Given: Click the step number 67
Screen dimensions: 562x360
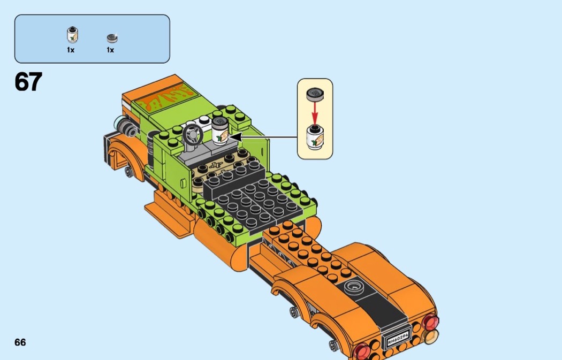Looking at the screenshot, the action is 28,82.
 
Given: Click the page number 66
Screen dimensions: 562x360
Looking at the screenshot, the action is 20,342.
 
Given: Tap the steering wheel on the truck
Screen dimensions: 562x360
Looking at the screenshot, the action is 193,135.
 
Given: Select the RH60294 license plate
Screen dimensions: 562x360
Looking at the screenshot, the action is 398,336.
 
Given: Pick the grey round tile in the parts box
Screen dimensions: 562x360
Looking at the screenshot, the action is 112,37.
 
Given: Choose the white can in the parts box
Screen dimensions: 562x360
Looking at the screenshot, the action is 72,35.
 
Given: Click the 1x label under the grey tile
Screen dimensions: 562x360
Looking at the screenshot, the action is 110,50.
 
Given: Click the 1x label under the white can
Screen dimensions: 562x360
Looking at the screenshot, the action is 71,50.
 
